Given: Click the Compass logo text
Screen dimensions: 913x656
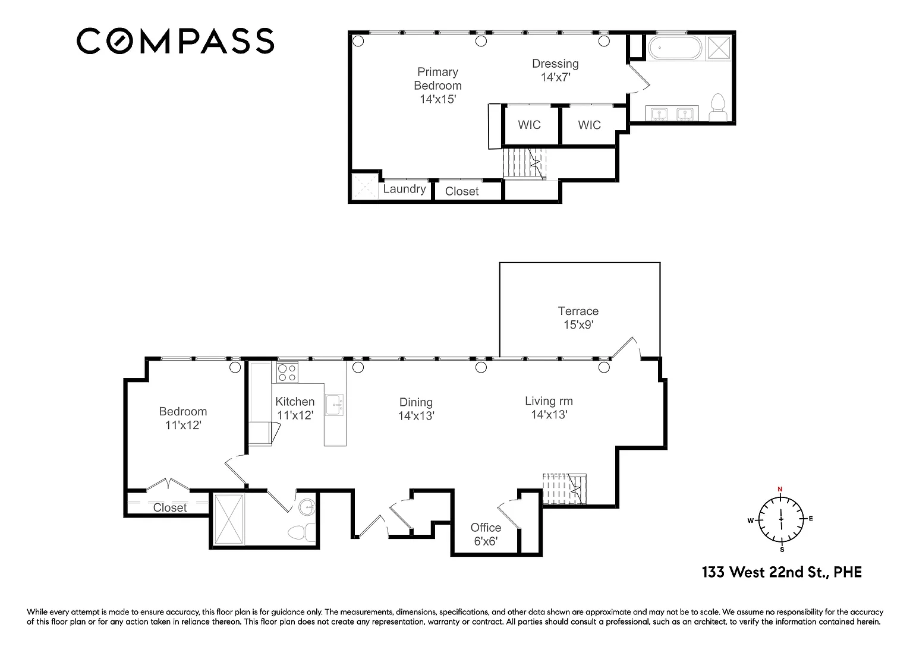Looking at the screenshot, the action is pyautogui.click(x=175, y=41).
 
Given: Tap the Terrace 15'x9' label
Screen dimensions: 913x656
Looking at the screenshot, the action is pyautogui.click(x=578, y=318).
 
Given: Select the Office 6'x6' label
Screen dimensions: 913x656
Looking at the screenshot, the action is pyautogui.click(x=486, y=534).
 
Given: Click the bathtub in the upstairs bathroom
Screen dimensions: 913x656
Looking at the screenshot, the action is pyautogui.click(x=675, y=48).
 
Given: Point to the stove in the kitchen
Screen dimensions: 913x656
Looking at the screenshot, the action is pyautogui.click(x=287, y=373).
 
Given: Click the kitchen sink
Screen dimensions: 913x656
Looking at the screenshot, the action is pyautogui.click(x=335, y=405).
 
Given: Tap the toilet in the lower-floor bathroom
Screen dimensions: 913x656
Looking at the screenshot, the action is pyautogui.click(x=301, y=532).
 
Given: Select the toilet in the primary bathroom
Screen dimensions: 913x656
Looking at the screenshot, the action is pyautogui.click(x=718, y=107).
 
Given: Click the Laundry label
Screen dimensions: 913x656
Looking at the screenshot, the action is pyautogui.click(x=404, y=189).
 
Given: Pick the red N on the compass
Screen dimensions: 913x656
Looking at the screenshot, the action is pyautogui.click(x=780, y=489).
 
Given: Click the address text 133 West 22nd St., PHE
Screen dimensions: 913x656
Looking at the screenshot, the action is pyautogui.click(x=782, y=572).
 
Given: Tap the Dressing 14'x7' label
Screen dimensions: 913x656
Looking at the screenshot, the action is pyautogui.click(x=555, y=70).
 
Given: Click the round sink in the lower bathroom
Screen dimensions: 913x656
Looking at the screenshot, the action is pyautogui.click(x=307, y=507).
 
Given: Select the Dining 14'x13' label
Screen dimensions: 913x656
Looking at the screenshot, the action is pyautogui.click(x=416, y=409).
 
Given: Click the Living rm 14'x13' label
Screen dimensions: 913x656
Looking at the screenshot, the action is pyautogui.click(x=549, y=408).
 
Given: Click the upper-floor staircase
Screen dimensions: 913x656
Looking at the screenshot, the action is pyautogui.click(x=524, y=164).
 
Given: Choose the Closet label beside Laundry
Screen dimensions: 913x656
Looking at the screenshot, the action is pyautogui.click(x=462, y=191).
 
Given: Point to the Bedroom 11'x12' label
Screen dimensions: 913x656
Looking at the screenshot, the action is pyautogui.click(x=183, y=418).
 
